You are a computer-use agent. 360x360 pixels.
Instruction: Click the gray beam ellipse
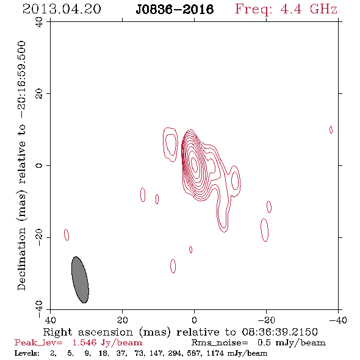click(80, 279)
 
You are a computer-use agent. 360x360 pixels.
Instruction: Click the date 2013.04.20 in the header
click(62, 9)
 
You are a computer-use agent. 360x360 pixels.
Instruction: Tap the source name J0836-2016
click(175, 10)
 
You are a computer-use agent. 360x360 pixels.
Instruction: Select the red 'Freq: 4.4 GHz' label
click(286, 9)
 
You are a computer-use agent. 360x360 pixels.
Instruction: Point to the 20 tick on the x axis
click(123, 320)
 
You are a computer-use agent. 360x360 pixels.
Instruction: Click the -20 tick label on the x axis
click(266, 320)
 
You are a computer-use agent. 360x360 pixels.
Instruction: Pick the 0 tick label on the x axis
click(195, 320)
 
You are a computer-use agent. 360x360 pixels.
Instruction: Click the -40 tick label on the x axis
click(338, 320)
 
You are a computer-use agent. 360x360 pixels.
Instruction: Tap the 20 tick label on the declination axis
click(39, 94)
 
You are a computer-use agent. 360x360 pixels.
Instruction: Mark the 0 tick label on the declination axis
click(39, 165)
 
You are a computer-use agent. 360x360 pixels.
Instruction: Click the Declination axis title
click(21, 166)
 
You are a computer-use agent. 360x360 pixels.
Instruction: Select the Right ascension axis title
click(181, 332)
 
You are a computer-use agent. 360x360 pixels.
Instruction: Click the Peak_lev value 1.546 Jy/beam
click(107, 343)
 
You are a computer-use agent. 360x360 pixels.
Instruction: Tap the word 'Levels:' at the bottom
click(27, 353)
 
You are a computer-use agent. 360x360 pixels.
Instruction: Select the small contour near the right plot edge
click(331, 130)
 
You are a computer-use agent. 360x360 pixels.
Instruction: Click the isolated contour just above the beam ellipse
click(67, 235)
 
